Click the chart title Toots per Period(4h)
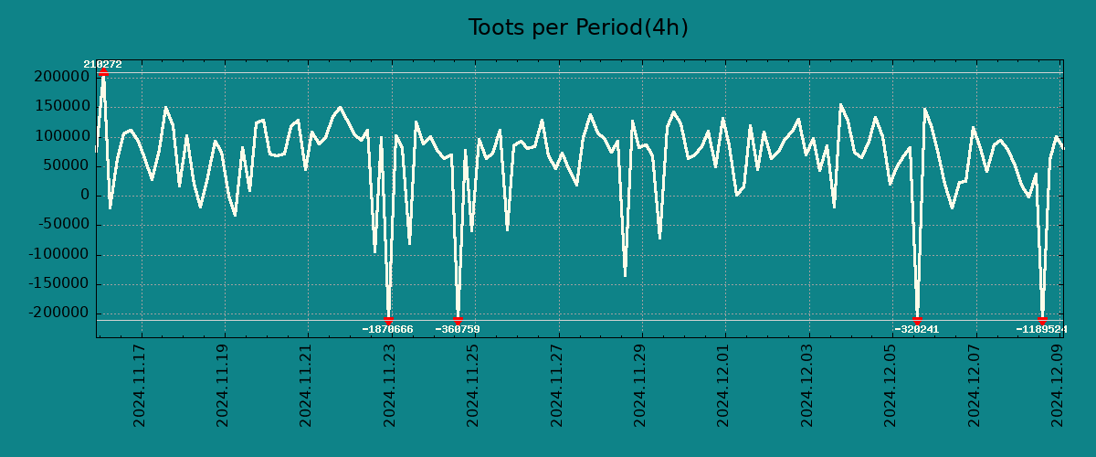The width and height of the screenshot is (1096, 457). pyautogui.click(x=578, y=27)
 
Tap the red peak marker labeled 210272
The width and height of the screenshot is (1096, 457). pyautogui.click(x=103, y=71)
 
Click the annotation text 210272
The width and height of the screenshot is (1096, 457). pyautogui.click(x=102, y=64)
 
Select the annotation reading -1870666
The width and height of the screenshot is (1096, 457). pyautogui.click(x=387, y=329)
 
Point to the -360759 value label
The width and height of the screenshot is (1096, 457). pyautogui.click(x=458, y=329)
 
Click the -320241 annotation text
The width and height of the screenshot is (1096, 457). pyautogui.click(x=917, y=329)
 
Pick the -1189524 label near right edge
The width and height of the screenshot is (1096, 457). pyautogui.click(x=1041, y=329)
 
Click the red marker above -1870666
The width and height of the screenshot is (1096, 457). pyautogui.click(x=388, y=320)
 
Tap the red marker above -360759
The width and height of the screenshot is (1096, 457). pyautogui.click(x=458, y=320)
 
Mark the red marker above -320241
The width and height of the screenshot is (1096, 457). pyautogui.click(x=917, y=320)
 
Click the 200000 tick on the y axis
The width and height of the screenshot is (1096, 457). pyautogui.click(x=62, y=77)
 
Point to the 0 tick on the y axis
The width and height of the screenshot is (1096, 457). pyautogui.click(x=85, y=195)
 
